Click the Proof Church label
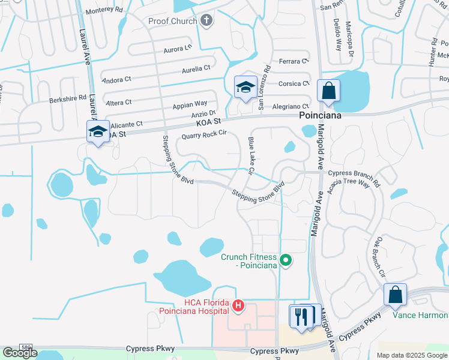tap(172, 22)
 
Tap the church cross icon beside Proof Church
tap(206, 21)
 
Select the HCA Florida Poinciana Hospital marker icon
tap(238, 306)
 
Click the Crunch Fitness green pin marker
tap(286, 260)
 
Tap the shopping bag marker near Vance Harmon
tap(395, 295)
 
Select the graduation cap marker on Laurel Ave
tap(97, 132)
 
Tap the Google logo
tap(20, 353)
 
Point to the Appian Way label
tap(190, 104)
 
